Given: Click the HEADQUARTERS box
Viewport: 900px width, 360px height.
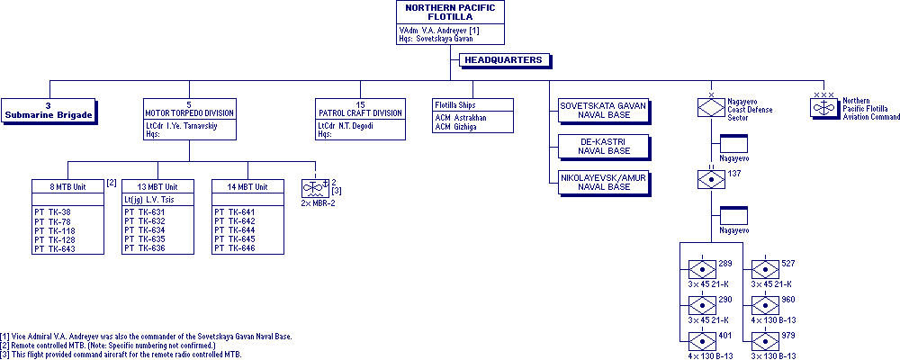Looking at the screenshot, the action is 504,60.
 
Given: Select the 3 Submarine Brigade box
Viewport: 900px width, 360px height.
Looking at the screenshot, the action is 49,111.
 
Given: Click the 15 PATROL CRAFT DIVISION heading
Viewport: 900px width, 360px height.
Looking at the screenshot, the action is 361,109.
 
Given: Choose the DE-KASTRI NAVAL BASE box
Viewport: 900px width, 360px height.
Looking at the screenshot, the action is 604,147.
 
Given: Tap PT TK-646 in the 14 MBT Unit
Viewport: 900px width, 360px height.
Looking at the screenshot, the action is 235,248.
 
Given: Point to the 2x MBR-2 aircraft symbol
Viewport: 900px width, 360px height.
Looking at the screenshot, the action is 315,189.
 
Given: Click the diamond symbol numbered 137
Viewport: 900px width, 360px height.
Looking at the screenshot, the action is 711,179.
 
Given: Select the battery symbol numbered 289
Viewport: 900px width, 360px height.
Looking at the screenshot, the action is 702,270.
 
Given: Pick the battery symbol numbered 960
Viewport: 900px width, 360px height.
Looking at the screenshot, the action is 766,305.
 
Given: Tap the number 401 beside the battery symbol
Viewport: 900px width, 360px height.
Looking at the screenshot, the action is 724,336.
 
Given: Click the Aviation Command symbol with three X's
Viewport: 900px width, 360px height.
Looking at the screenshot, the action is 824,107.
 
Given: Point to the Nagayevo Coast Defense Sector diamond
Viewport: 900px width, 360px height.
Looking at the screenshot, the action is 711,107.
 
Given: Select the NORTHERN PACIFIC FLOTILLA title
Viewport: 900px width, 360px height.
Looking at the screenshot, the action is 450,12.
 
